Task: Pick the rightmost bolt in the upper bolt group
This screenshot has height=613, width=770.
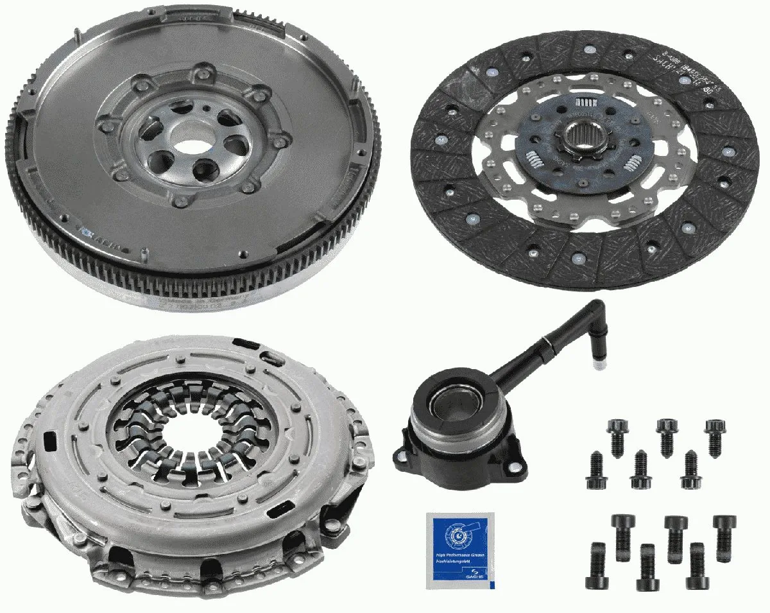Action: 714,436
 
